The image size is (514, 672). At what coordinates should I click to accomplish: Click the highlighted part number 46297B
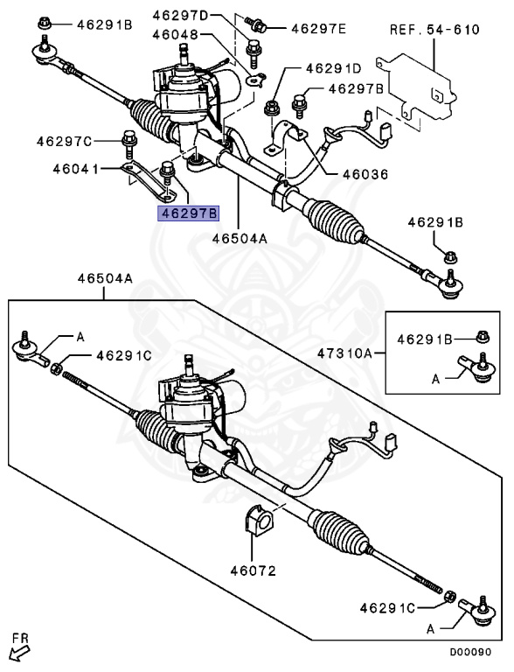click(x=187, y=213)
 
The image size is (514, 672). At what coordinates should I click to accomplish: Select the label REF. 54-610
click(x=434, y=30)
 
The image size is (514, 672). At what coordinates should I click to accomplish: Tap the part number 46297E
click(x=317, y=29)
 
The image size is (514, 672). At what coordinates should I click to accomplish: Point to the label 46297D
click(x=181, y=16)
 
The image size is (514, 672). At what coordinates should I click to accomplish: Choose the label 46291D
click(x=333, y=67)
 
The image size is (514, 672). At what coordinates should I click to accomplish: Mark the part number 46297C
click(x=64, y=140)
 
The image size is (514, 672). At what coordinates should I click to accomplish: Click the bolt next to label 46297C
click(x=128, y=138)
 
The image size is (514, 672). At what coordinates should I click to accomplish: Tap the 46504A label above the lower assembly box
click(x=105, y=278)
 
